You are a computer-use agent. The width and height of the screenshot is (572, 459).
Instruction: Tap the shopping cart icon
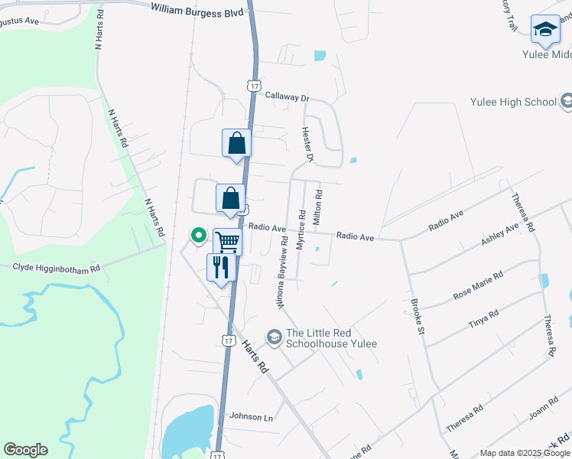(x=227, y=242)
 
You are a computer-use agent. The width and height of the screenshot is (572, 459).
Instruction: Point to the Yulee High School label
(x=513, y=102)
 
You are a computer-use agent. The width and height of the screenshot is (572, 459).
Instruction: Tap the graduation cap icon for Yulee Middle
(x=545, y=29)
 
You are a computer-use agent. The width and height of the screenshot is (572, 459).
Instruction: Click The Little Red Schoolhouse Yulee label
(x=331, y=338)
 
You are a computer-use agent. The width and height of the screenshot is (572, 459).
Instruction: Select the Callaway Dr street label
(x=287, y=97)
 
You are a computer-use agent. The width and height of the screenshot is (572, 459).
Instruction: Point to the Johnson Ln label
(x=251, y=417)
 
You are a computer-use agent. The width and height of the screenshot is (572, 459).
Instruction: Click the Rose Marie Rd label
(x=478, y=285)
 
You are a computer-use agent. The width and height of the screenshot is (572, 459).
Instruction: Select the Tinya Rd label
(x=483, y=319)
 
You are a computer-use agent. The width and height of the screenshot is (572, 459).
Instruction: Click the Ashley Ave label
(x=499, y=232)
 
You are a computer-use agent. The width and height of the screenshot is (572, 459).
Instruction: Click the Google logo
(x=25, y=449)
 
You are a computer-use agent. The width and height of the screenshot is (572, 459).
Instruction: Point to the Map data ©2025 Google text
(x=525, y=453)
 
